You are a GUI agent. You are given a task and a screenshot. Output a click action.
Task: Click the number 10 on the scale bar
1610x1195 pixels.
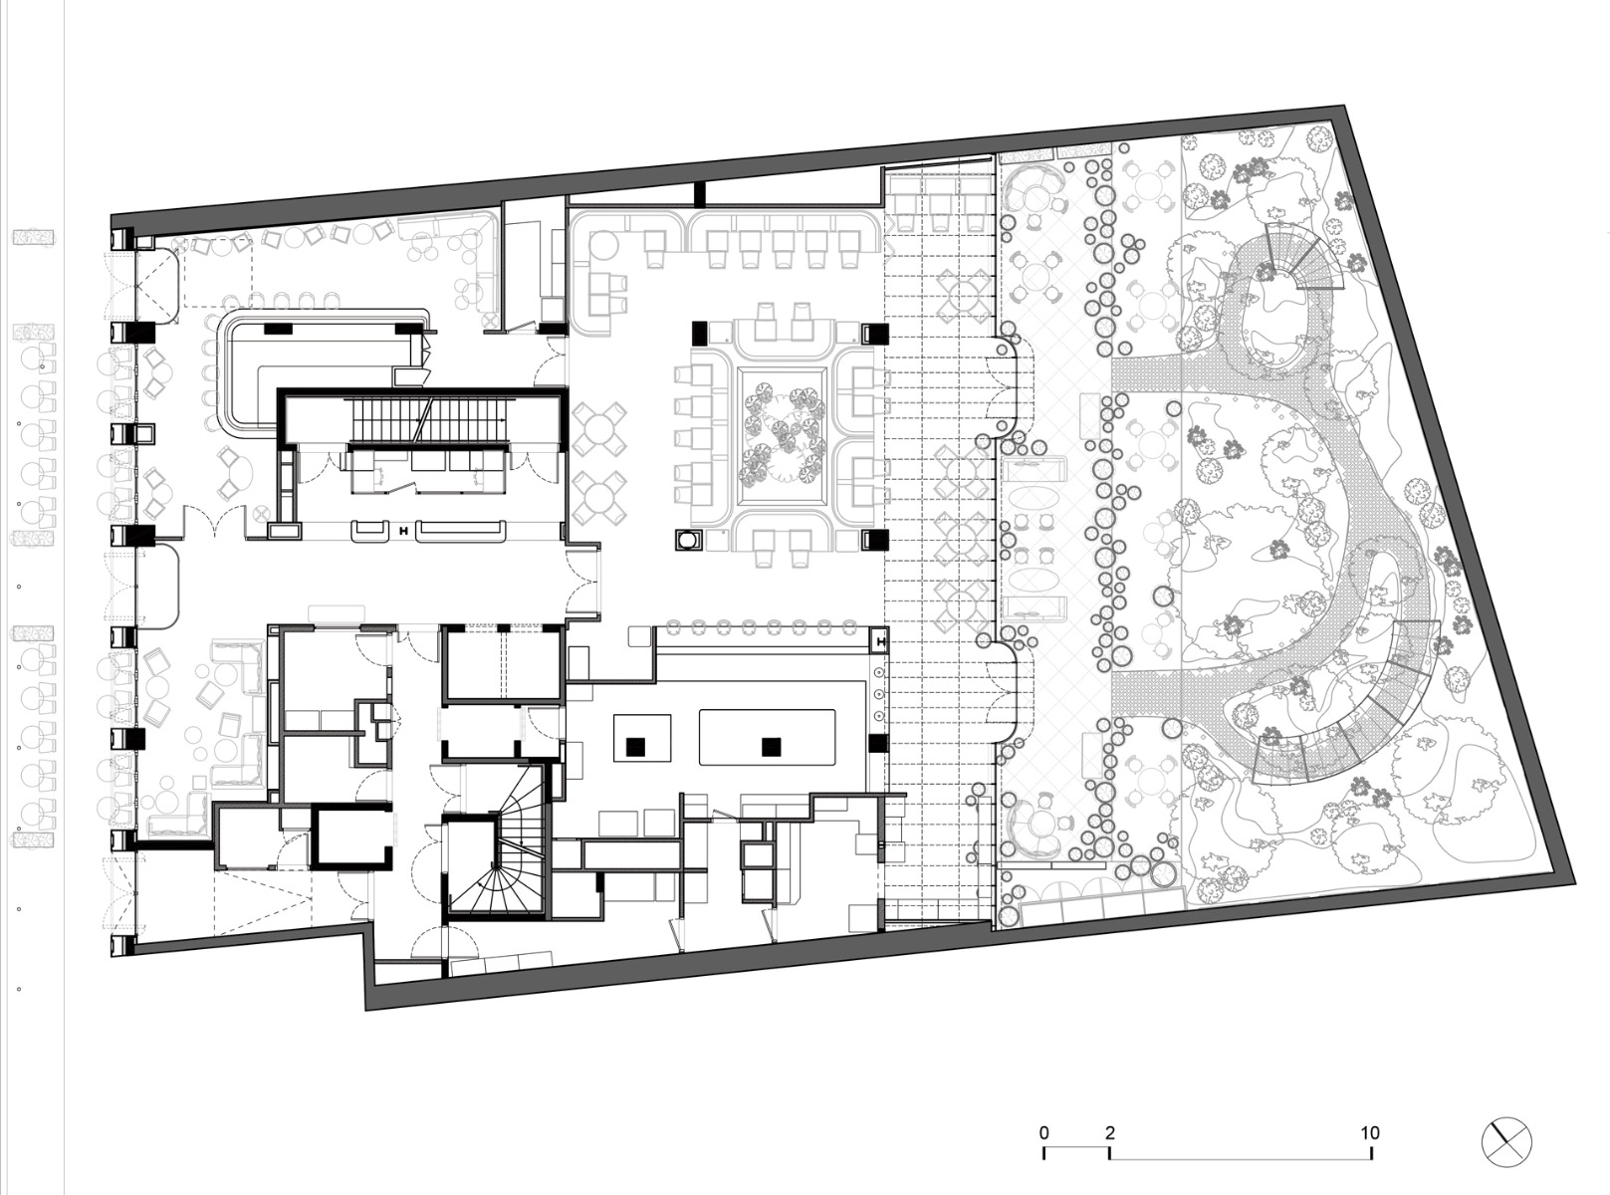pyautogui.click(x=1370, y=1132)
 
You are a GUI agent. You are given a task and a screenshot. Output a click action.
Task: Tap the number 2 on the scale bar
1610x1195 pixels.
pyautogui.click(x=1109, y=1132)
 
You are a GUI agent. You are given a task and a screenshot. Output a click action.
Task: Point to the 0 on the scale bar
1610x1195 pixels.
pyautogui.click(x=1043, y=1132)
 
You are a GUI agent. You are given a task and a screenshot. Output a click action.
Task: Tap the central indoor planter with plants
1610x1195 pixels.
pyautogui.click(x=783, y=434)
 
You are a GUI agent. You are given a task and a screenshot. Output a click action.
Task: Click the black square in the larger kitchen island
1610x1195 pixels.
pyautogui.click(x=768, y=745)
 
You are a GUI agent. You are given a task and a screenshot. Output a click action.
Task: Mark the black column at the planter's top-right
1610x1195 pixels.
pyautogui.click(x=874, y=333)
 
